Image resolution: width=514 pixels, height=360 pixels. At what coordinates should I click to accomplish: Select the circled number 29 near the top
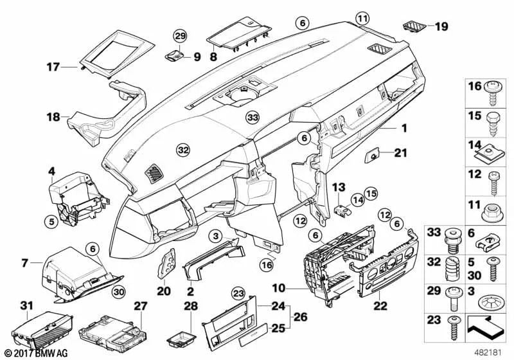[179, 35]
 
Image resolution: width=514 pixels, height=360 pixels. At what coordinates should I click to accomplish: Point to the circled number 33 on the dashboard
[253, 118]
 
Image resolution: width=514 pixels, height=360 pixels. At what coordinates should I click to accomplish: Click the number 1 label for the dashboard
[405, 128]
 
